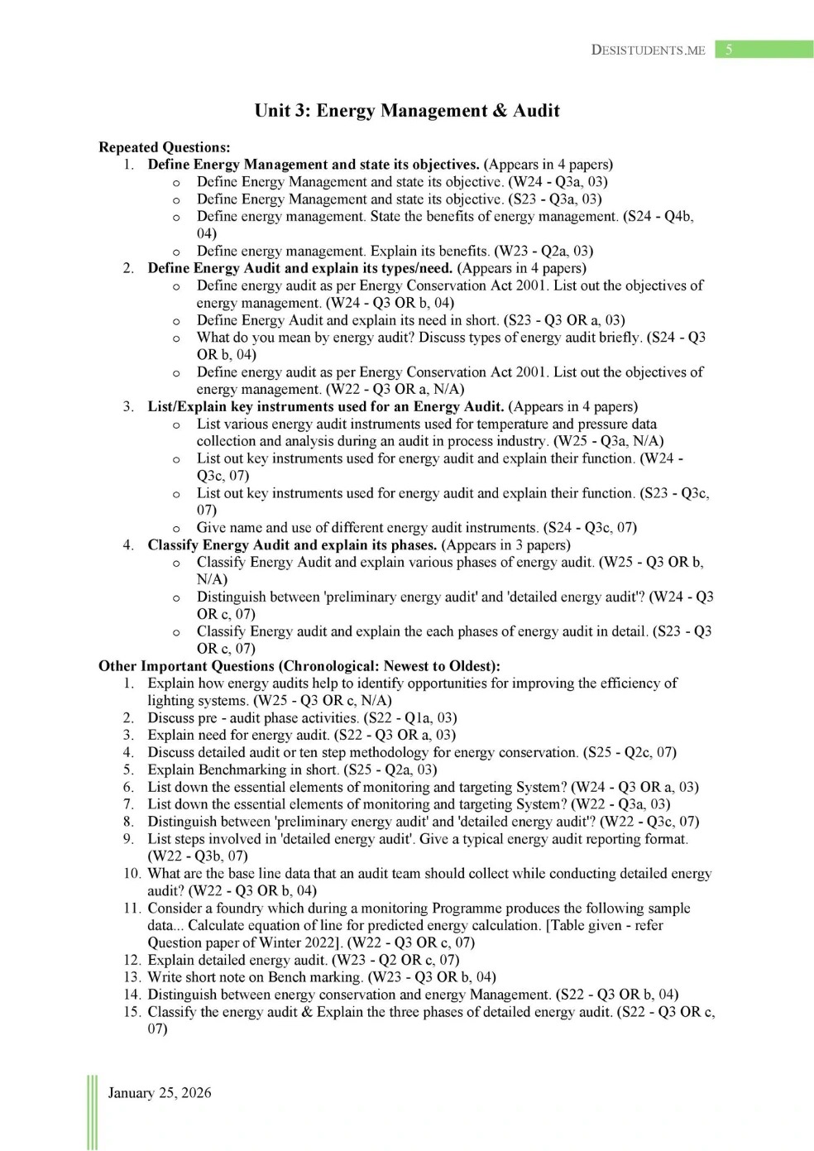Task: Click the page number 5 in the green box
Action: tap(729, 50)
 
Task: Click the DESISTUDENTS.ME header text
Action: tap(648, 50)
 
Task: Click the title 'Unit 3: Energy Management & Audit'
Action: tap(407, 111)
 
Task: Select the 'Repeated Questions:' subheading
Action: tap(165, 147)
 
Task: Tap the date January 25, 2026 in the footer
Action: tap(160, 1093)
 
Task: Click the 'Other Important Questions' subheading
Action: tap(299, 666)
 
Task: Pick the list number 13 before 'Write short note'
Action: tap(132, 977)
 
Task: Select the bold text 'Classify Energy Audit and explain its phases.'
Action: tap(292, 545)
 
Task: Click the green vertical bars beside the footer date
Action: tap(92, 1112)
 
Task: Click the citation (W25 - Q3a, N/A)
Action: tap(609, 441)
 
